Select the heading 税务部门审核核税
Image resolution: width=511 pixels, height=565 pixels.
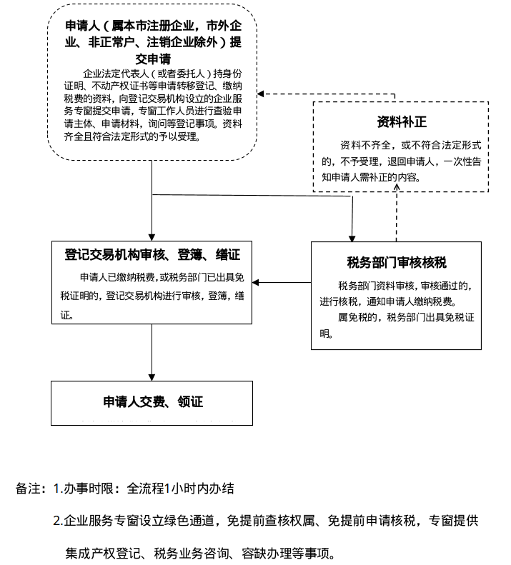[396, 261]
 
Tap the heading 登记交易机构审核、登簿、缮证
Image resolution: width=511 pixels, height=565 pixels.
[152, 255]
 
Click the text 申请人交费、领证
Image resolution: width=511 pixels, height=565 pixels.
[152, 402]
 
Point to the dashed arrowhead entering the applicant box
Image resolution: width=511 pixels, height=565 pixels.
[262, 94]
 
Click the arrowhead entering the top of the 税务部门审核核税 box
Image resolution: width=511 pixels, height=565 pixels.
[351, 237]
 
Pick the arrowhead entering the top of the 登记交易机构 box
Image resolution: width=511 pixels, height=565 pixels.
[152, 237]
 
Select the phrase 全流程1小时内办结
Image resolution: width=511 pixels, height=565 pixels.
[180, 489]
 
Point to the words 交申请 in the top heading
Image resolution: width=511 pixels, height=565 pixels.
[152, 58]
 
